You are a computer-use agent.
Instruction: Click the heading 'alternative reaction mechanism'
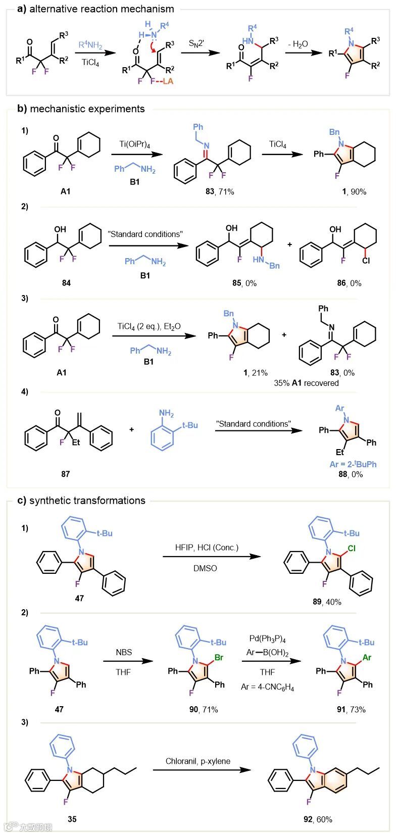point(102,9)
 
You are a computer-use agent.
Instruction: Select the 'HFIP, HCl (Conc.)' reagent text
point(207,547)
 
